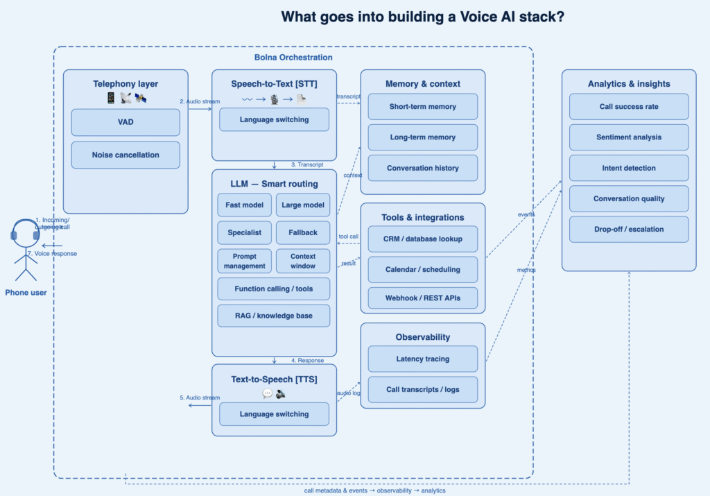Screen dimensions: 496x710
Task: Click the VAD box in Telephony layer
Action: pos(125,122)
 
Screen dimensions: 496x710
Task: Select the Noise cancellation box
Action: pos(125,155)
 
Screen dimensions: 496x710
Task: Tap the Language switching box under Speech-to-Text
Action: pos(274,119)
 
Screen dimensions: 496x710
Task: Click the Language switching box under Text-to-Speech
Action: pos(274,414)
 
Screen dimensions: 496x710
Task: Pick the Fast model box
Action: pos(244,205)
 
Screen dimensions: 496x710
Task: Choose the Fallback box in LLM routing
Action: pos(303,233)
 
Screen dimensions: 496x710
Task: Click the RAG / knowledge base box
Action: pos(274,316)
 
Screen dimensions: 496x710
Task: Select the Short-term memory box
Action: pos(422,107)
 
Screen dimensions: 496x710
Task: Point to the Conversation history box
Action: pos(422,168)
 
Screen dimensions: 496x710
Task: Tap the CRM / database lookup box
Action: pos(422,239)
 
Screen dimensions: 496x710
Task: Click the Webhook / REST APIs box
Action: pos(422,298)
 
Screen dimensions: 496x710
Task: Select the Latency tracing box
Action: pos(422,359)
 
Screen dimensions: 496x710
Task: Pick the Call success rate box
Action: pos(629,107)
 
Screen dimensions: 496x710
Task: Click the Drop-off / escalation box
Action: pos(629,230)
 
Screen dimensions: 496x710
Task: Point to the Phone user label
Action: pos(26,293)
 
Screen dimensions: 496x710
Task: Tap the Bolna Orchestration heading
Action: pos(293,58)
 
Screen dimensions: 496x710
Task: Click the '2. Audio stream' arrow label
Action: pos(200,101)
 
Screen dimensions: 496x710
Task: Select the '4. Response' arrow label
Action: pos(306,361)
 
